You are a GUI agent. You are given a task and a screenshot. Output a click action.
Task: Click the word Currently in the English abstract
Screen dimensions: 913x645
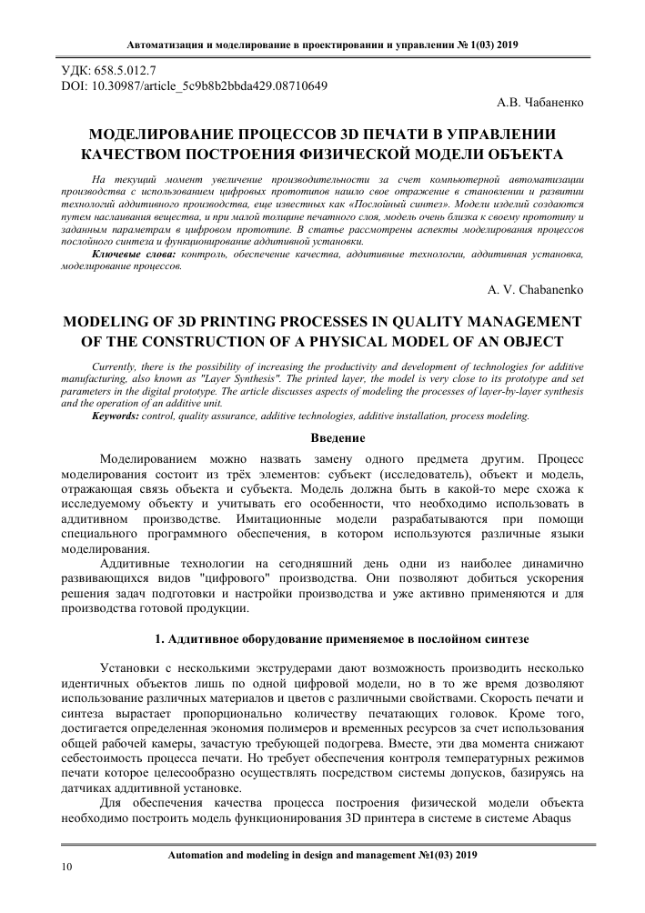121,362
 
